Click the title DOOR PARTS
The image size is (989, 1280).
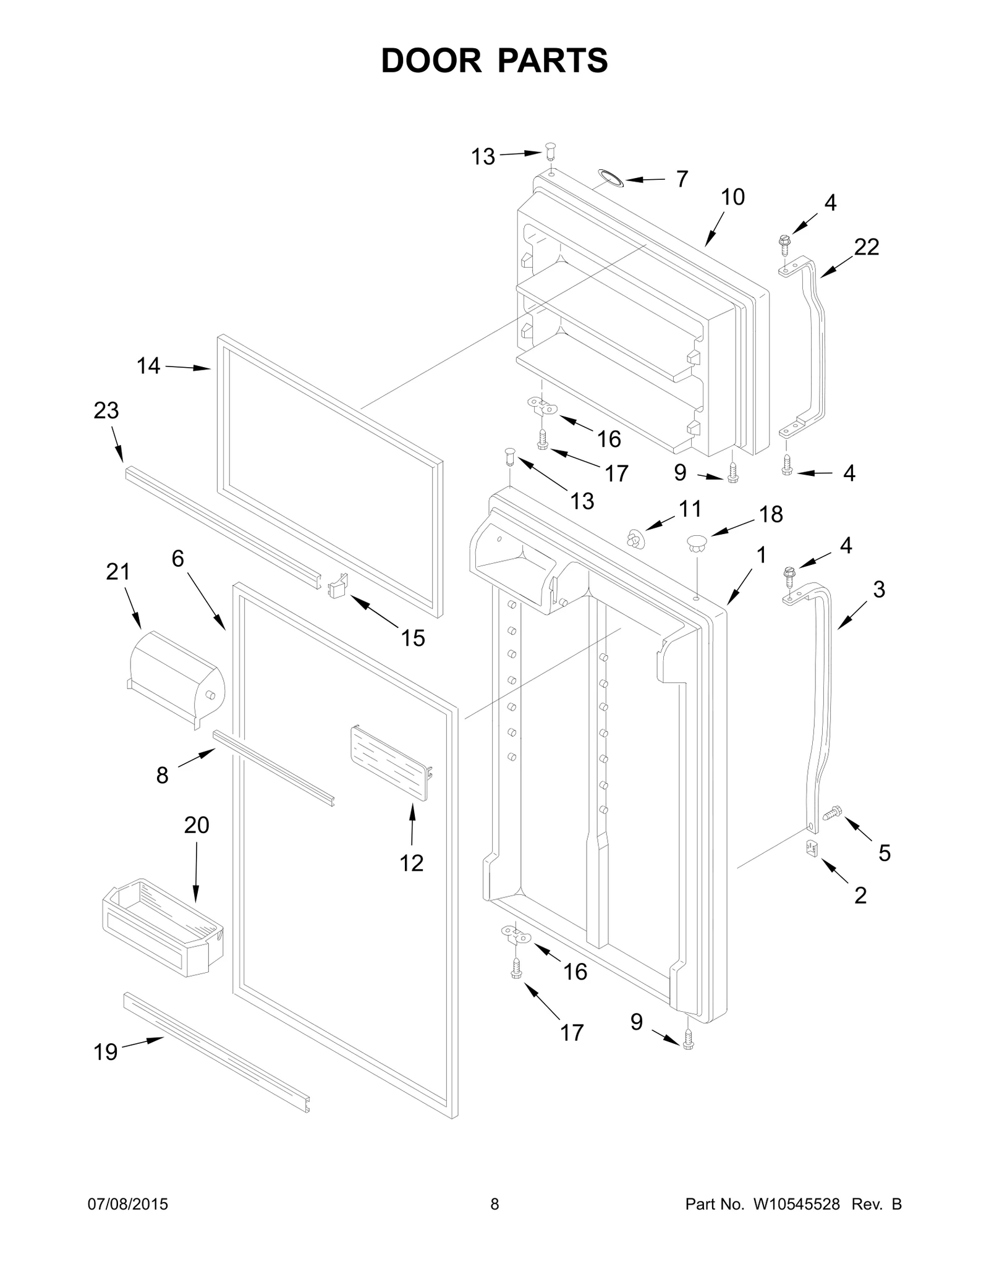tap(494, 61)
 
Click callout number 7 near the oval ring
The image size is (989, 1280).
tap(681, 179)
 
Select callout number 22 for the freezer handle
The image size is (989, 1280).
tap(866, 247)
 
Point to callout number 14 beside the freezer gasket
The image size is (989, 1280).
tap(148, 366)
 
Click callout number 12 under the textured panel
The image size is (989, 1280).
tap(411, 862)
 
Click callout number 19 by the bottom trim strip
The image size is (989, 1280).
tap(106, 1051)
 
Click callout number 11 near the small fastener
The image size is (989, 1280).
tap(690, 509)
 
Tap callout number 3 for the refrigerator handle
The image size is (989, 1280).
tap(879, 589)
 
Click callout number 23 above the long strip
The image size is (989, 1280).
tap(106, 410)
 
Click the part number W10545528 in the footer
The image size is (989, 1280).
tap(796, 1204)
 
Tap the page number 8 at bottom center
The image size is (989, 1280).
tap(494, 1204)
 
